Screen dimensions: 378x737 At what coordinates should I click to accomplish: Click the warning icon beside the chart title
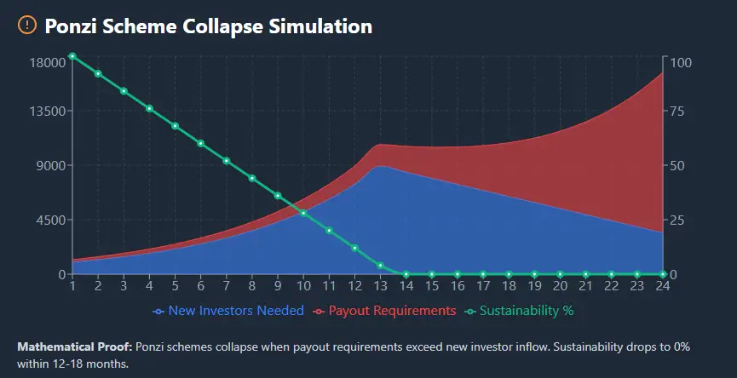click(x=27, y=26)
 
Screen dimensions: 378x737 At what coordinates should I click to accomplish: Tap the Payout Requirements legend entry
click(x=385, y=311)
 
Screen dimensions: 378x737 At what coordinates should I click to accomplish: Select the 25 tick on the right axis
click(x=677, y=220)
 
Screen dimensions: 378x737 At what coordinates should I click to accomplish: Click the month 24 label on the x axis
click(x=662, y=286)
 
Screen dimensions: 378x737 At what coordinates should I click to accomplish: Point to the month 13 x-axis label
click(x=380, y=286)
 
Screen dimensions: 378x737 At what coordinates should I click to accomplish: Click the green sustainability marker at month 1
click(x=72, y=56)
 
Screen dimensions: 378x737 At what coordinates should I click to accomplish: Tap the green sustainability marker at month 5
click(x=176, y=126)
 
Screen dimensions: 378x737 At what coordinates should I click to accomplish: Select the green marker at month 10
click(x=303, y=213)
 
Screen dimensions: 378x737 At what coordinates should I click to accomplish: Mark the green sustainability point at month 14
click(x=406, y=274)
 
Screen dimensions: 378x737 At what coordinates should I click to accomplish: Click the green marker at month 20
click(x=560, y=274)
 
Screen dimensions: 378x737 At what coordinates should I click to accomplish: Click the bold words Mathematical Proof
click(x=73, y=347)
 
